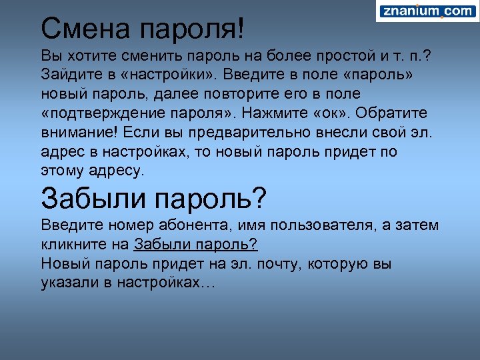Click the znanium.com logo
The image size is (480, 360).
(x=427, y=11)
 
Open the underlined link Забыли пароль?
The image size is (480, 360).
(x=196, y=244)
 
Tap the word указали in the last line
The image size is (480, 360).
(x=69, y=283)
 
